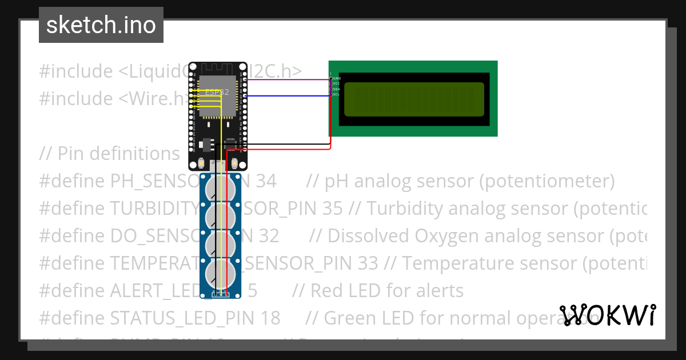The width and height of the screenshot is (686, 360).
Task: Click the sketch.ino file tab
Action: point(101,25)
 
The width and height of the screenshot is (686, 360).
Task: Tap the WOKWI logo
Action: point(608,315)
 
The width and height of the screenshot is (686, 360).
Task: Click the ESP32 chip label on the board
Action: point(217,92)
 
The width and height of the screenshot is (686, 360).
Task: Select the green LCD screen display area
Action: point(414,99)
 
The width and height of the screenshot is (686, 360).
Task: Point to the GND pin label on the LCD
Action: point(337,78)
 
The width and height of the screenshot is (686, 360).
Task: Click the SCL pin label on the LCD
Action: point(337,94)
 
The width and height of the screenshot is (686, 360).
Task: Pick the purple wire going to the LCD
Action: point(286,80)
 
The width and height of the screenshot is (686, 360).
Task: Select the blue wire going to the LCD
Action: point(286,96)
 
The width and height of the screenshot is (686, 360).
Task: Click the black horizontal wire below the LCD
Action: point(286,144)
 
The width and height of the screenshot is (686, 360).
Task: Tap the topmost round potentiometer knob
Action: point(221,187)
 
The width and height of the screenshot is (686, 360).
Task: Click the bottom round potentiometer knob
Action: point(221,273)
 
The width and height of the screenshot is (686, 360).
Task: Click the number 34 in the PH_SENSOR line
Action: point(266,181)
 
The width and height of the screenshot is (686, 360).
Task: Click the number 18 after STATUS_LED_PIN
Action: point(270,318)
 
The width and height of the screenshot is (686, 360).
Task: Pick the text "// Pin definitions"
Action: point(109,154)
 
